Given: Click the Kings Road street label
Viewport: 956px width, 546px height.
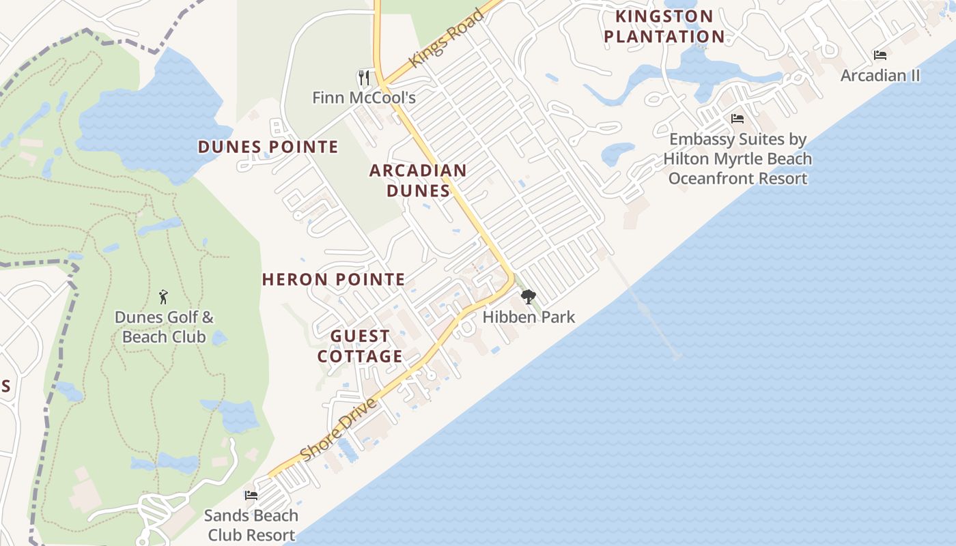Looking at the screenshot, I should [x=447, y=38].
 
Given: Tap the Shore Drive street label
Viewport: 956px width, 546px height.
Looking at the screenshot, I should [x=339, y=430].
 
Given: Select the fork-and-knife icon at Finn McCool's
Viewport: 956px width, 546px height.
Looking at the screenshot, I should [x=364, y=77].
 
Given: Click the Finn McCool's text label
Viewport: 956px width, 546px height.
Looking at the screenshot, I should [x=364, y=98].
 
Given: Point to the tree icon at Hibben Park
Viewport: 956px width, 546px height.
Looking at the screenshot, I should [x=528, y=297].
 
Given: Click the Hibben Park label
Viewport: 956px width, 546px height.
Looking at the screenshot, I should [x=529, y=317].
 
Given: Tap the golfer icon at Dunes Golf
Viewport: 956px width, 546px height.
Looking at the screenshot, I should [x=163, y=297].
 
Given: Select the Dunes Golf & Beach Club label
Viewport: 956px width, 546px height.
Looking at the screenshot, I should [x=164, y=327].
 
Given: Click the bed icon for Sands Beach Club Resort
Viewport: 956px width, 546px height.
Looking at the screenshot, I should [x=251, y=495].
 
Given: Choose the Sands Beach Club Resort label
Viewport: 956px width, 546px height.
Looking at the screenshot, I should [x=251, y=525].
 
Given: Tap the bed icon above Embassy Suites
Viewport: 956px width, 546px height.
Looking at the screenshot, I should [x=737, y=119].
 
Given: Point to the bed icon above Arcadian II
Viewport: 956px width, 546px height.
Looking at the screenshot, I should [x=880, y=55].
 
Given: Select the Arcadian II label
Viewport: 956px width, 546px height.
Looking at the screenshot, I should [x=880, y=75].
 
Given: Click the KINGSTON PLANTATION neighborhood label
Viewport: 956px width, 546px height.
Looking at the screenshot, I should [x=664, y=26].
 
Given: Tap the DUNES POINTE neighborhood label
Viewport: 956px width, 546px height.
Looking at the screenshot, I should [x=268, y=147].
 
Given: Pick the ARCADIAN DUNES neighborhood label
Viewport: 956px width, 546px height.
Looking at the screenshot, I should [x=418, y=180].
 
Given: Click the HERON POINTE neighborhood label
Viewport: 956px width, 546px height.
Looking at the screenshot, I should [x=333, y=279].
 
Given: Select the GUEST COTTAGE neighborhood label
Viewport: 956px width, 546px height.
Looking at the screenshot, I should [x=360, y=346].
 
